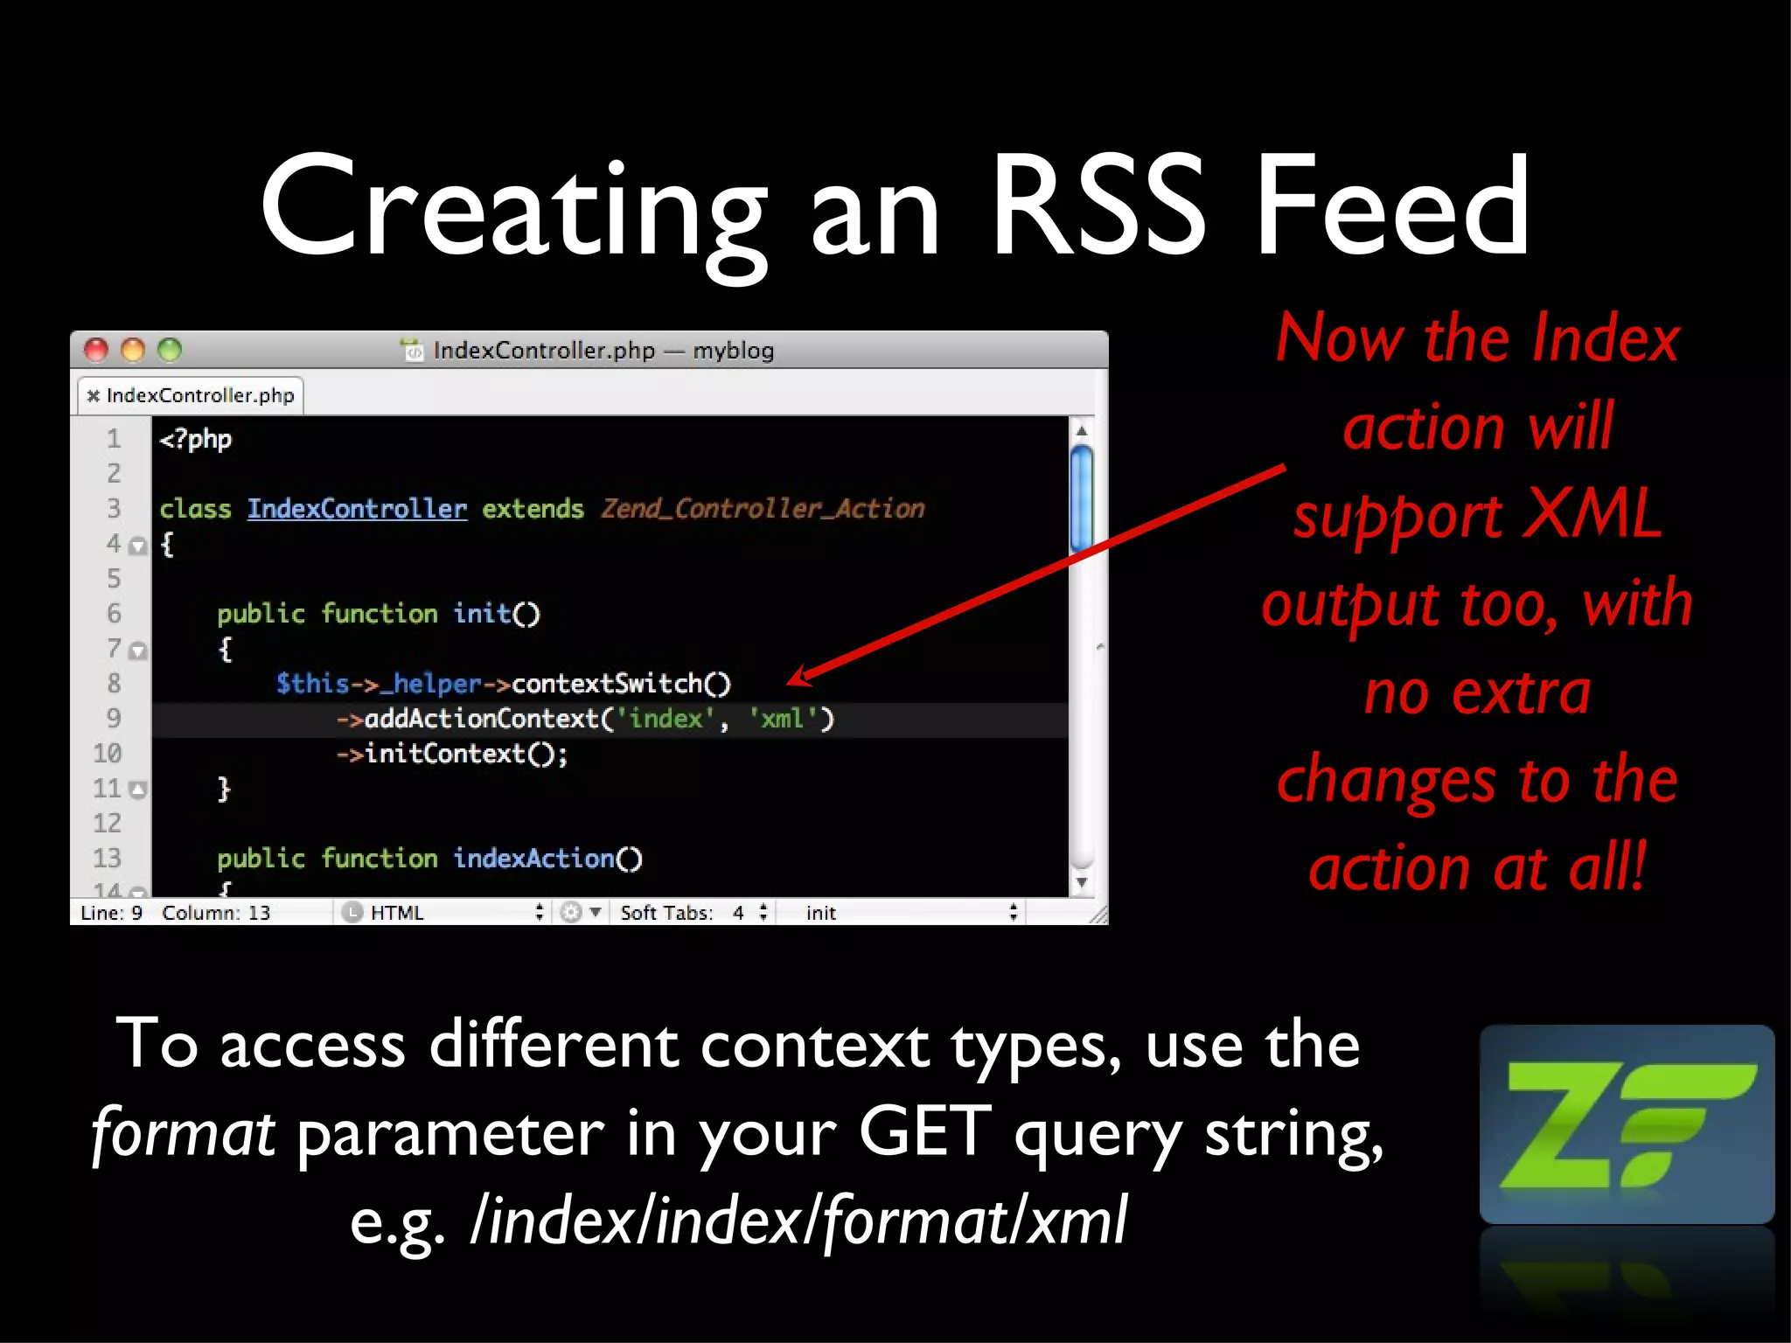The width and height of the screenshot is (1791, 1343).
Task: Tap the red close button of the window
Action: [96, 351]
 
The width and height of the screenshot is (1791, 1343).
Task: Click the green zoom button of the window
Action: [170, 351]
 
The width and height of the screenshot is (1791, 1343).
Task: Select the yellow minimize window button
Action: [133, 351]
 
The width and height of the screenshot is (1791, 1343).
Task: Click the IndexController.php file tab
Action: [192, 395]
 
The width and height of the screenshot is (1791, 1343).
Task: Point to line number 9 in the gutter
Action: [114, 719]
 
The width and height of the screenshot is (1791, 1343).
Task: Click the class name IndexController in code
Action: [357, 509]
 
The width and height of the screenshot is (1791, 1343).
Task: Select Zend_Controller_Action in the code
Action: [762, 509]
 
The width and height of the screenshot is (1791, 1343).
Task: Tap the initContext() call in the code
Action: [464, 754]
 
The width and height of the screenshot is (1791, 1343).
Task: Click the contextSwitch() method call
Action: [620, 684]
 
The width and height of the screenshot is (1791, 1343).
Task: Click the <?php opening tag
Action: [195, 439]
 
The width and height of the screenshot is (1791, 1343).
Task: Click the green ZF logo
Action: [1626, 1124]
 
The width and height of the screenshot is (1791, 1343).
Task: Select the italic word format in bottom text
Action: [184, 1132]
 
